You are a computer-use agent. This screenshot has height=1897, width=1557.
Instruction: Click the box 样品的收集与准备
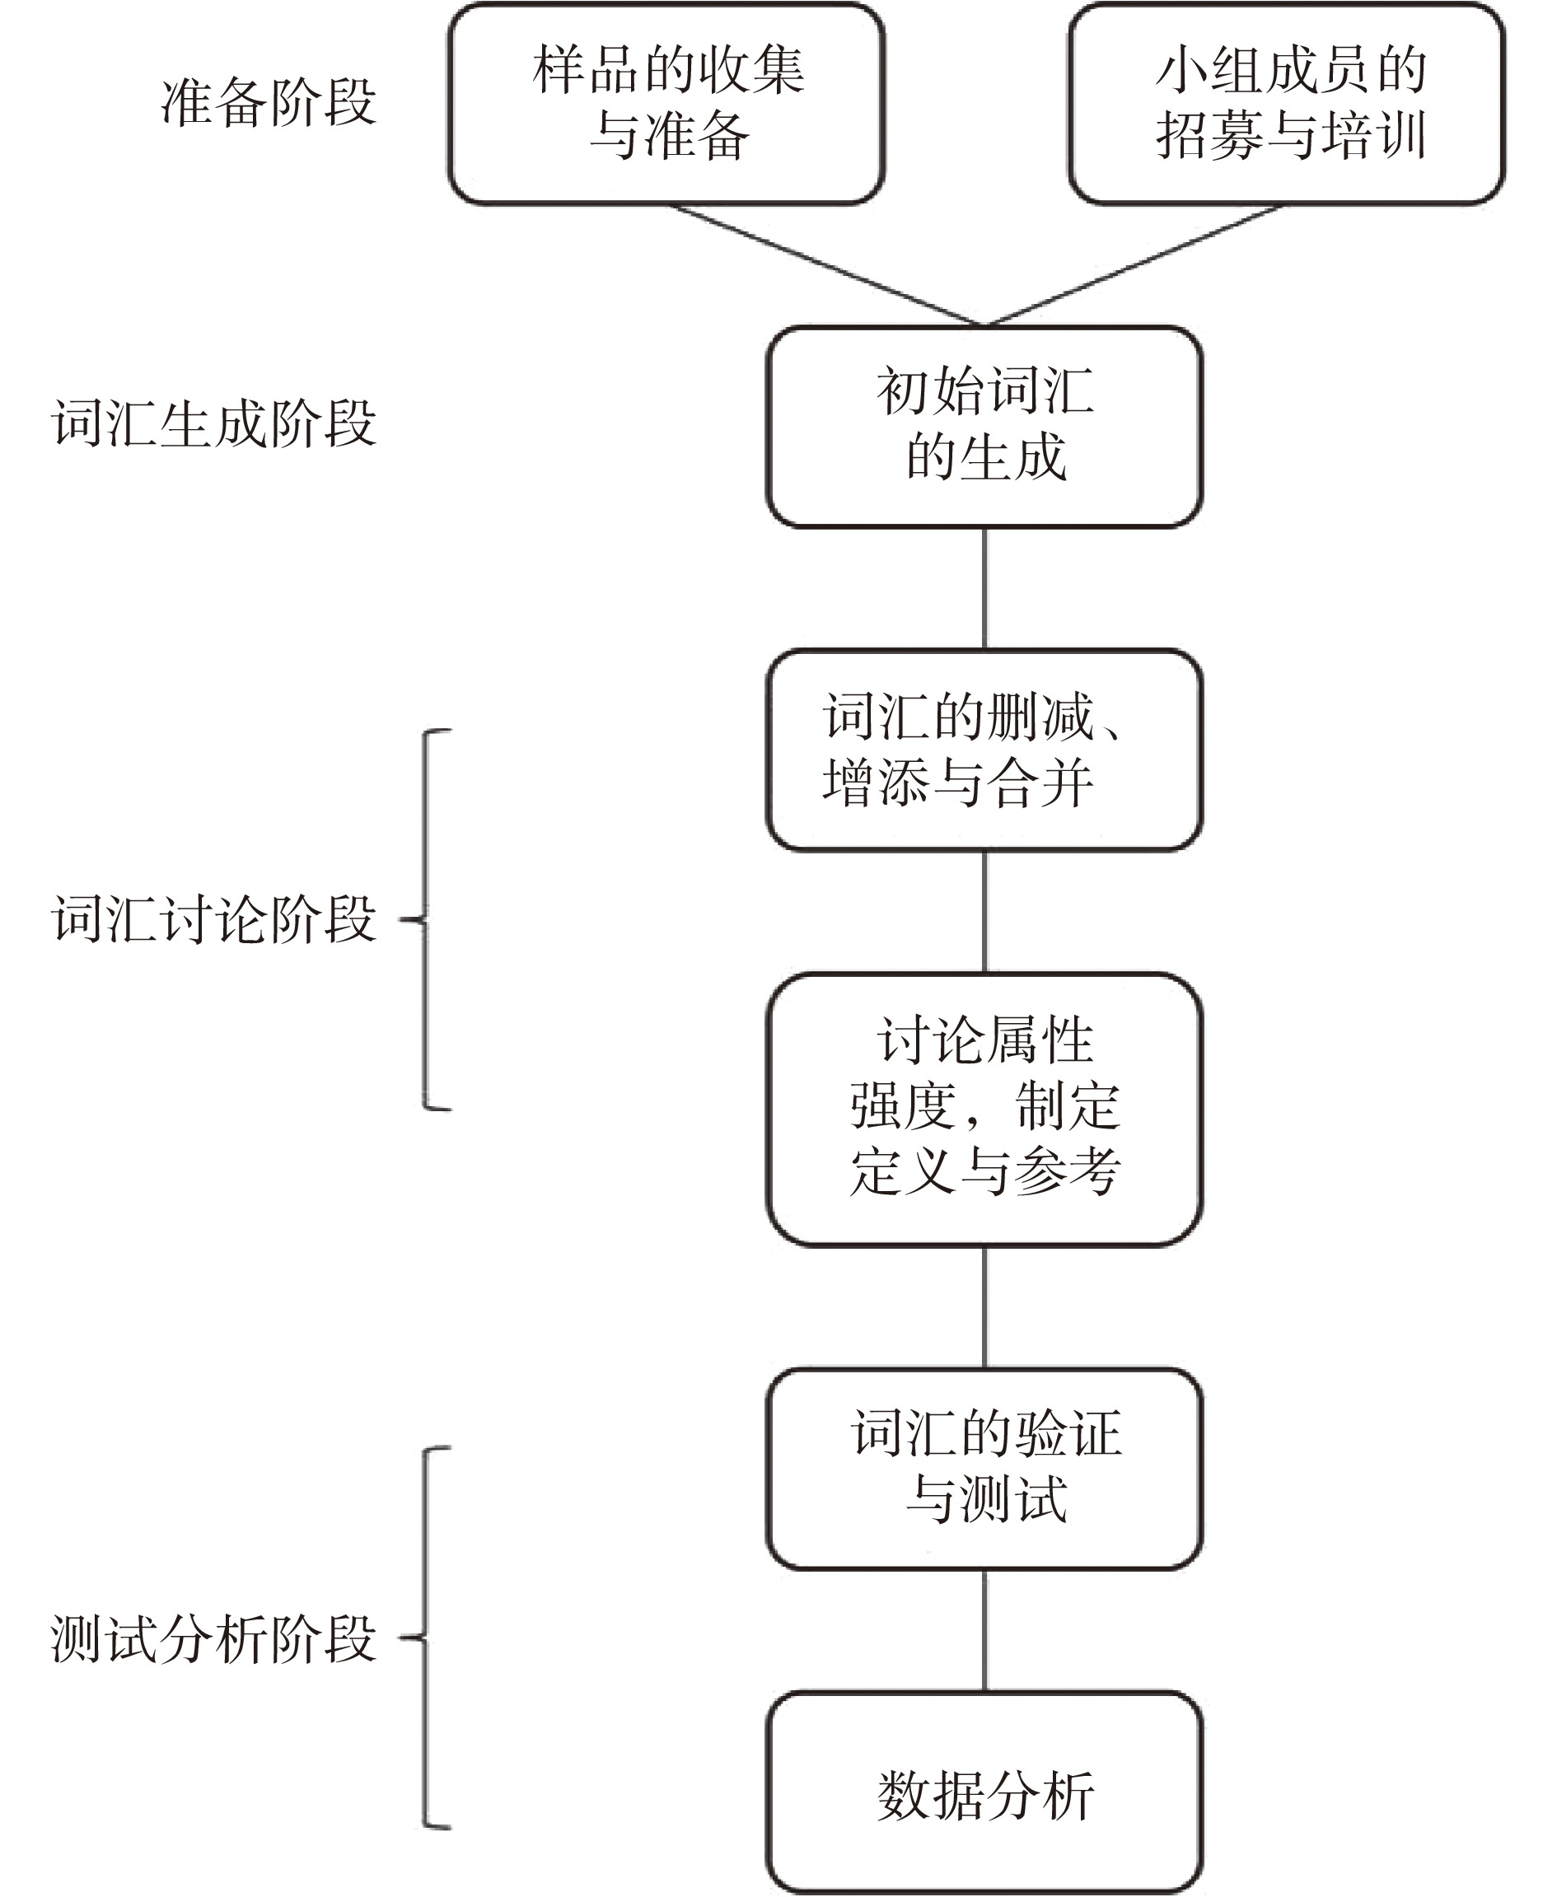click(x=666, y=103)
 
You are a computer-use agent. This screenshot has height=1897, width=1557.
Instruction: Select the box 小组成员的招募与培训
click(x=1287, y=103)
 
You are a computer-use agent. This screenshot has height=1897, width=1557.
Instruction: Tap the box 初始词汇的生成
click(x=984, y=426)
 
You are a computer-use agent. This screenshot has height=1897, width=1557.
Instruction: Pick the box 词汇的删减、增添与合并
click(x=984, y=749)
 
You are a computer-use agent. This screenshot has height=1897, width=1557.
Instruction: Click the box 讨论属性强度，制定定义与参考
click(x=984, y=1109)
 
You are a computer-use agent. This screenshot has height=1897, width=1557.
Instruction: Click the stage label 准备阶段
click(x=267, y=103)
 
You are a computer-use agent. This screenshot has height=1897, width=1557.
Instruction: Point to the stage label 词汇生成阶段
click(x=213, y=423)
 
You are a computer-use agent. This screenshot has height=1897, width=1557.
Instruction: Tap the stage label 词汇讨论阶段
click(x=213, y=919)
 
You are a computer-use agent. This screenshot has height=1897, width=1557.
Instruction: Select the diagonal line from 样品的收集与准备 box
click(x=825, y=264)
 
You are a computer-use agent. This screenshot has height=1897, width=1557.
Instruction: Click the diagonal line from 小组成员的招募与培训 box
click(x=1134, y=264)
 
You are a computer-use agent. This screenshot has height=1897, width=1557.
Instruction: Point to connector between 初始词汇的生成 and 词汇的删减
click(x=984, y=587)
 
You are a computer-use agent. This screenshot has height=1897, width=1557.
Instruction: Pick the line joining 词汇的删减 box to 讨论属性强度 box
click(x=984, y=910)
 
